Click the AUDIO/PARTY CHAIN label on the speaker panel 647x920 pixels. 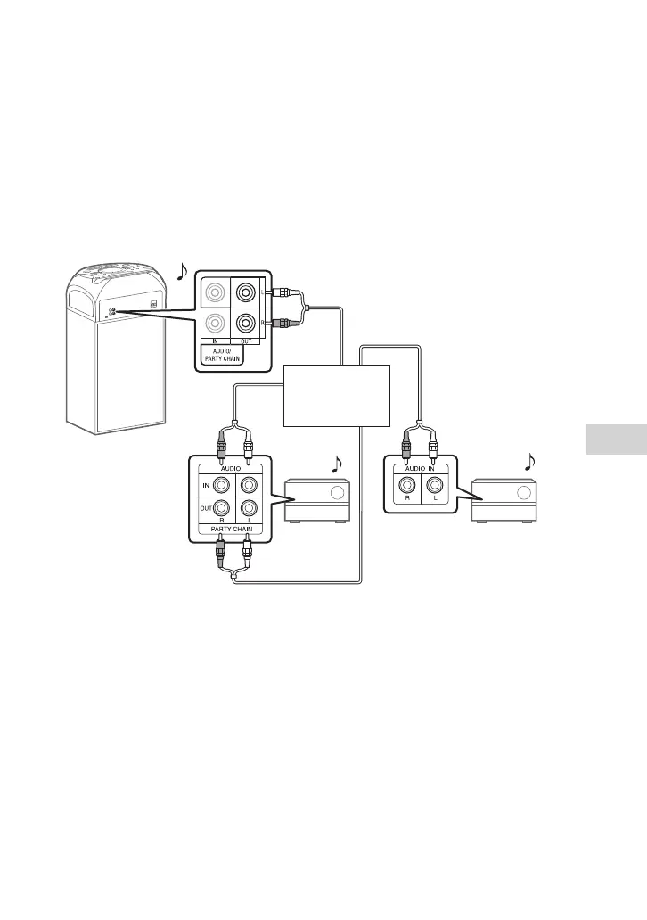(217, 355)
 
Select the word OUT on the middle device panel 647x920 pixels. (205, 508)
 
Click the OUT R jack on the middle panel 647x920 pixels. (221, 508)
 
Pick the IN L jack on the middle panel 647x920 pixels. (248, 484)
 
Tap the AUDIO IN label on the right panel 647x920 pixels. (420, 468)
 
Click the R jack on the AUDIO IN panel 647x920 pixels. (406, 486)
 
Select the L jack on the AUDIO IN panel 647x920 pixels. (433, 486)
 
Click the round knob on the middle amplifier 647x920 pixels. (336, 494)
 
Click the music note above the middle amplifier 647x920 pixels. (337, 464)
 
